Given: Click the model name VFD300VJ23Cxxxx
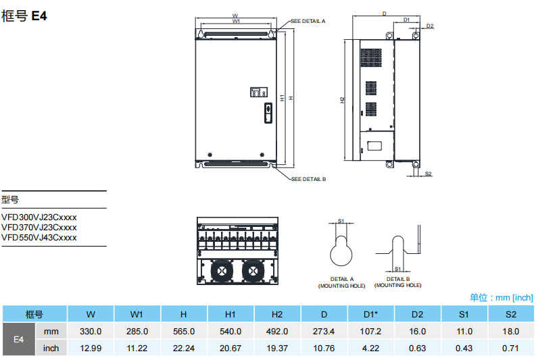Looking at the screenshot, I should [x=39, y=217].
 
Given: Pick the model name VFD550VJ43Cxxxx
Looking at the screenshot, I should [x=39, y=237].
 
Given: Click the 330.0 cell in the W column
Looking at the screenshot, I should [x=91, y=331].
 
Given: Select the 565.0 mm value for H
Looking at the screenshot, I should [x=183, y=331].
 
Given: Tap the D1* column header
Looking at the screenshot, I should [x=370, y=314].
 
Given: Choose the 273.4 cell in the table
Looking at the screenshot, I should [x=324, y=331].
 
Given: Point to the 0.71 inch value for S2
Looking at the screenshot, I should [x=511, y=348].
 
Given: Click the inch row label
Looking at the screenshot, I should [x=51, y=348].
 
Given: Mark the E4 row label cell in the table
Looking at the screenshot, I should [x=19, y=340].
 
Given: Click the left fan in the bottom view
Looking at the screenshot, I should [x=221, y=270].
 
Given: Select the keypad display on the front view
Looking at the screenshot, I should [x=258, y=92].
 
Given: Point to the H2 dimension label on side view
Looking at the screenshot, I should [x=343, y=100].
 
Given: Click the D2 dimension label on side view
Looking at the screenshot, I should [x=430, y=26].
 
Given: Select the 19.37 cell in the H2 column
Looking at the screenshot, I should [x=277, y=348].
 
